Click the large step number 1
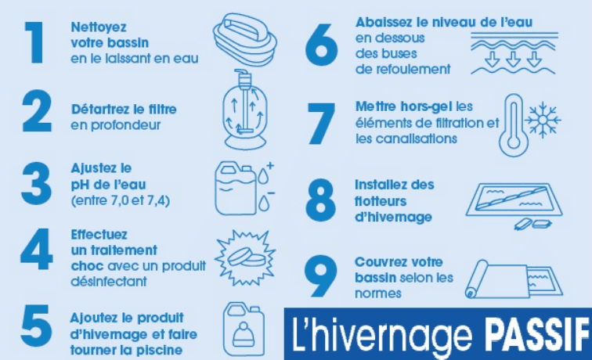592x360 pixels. tap(35, 42)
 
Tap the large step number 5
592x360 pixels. tap(36, 326)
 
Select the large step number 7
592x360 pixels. tap(321, 124)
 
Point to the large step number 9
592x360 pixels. tap(320, 276)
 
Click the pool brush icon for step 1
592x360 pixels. tap(244, 39)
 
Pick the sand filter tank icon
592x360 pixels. tap(245, 110)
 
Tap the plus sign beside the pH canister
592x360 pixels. tap(270, 166)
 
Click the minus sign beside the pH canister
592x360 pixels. tap(271, 193)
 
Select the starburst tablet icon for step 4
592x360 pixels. tap(245, 257)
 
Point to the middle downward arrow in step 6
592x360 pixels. tap(513, 59)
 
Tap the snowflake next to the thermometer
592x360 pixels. tap(543, 120)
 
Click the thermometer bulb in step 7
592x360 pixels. tap(513, 142)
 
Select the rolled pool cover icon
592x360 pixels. tap(514, 279)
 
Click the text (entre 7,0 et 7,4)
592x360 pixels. tap(121, 200)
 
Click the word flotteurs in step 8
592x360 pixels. tap(381, 201)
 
